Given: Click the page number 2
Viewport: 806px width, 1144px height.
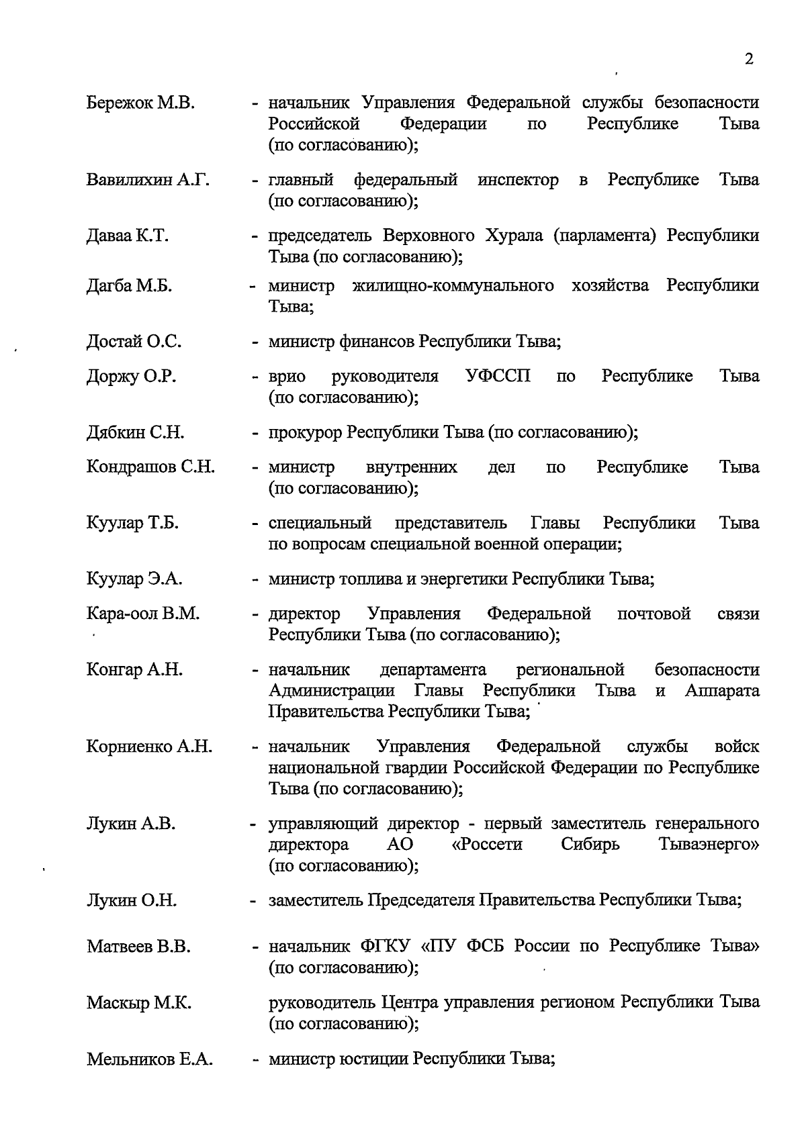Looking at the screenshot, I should click(x=749, y=59).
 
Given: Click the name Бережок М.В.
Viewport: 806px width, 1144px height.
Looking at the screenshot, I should click(x=140, y=103).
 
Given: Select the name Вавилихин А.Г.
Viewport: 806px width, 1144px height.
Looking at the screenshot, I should click(x=148, y=180).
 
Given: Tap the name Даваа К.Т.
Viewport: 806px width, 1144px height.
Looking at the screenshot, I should click(x=128, y=236).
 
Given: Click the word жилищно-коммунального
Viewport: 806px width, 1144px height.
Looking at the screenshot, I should click(x=453, y=286).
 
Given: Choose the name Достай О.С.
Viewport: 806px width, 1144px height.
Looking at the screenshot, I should click(x=134, y=342).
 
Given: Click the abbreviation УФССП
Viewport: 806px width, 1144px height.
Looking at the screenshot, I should click(x=498, y=376).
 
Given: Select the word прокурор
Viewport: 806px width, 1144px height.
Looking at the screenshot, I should click(x=305, y=433).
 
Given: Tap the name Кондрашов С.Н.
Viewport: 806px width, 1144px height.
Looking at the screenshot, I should click(x=150, y=467).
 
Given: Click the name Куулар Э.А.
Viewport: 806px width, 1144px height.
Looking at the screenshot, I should click(x=134, y=579).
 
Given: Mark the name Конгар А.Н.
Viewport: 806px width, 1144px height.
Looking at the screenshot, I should click(x=134, y=670).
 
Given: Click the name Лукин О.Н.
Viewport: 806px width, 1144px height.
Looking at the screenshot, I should click(x=132, y=901).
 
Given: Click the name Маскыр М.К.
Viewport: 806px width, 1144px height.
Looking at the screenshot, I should click(x=139, y=1004).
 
